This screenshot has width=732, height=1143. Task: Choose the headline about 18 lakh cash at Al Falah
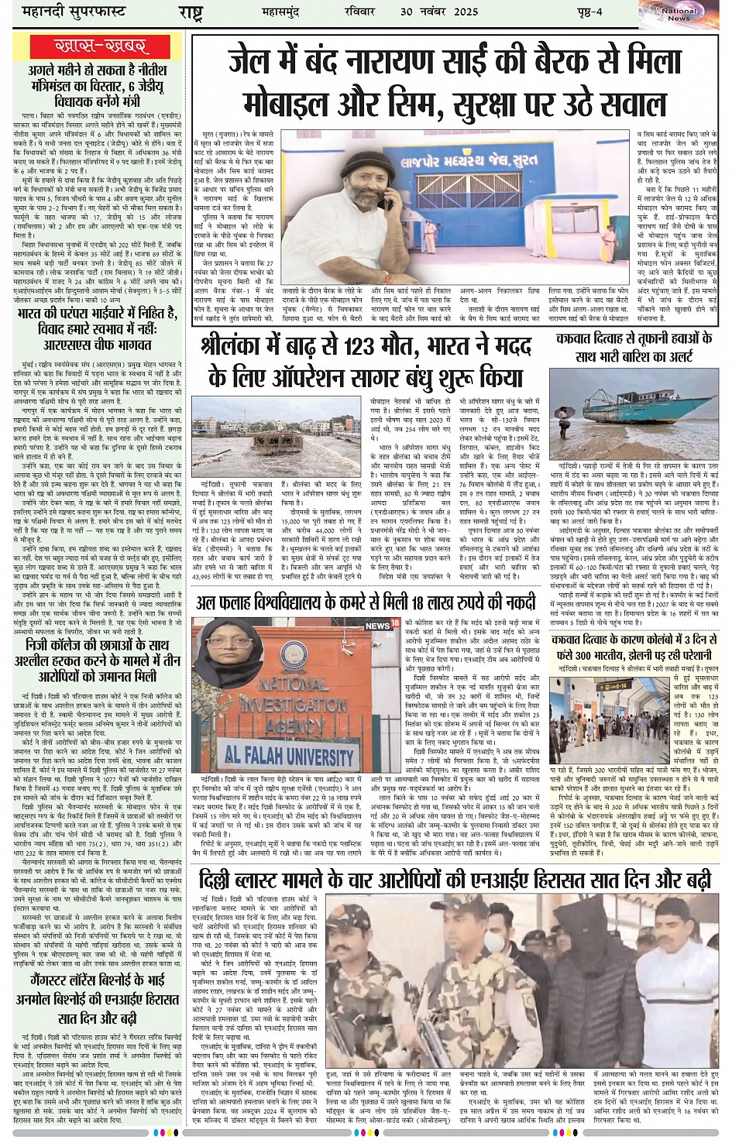[x=366, y=602]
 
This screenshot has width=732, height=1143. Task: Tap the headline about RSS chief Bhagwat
[x=97, y=330]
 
